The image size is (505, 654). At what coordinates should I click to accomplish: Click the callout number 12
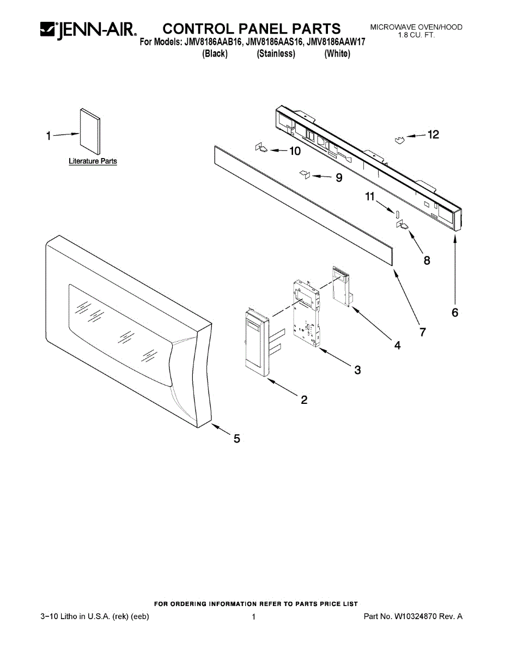tap(433, 135)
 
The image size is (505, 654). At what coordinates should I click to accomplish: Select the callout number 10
tap(294, 152)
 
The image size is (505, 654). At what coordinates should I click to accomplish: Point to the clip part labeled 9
tap(305, 174)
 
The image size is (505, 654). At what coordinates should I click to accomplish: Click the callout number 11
tap(370, 197)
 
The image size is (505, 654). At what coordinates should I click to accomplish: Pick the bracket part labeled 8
tap(404, 226)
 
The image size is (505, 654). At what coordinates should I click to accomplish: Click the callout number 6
tap(455, 312)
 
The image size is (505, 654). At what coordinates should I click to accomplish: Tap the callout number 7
tap(422, 331)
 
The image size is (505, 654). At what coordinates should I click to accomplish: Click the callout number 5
tap(237, 438)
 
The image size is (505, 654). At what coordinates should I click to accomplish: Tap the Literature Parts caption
tap(93, 161)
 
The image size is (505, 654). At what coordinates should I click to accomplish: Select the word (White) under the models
tap(337, 54)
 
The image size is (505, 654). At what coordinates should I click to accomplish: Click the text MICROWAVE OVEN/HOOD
tap(416, 27)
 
